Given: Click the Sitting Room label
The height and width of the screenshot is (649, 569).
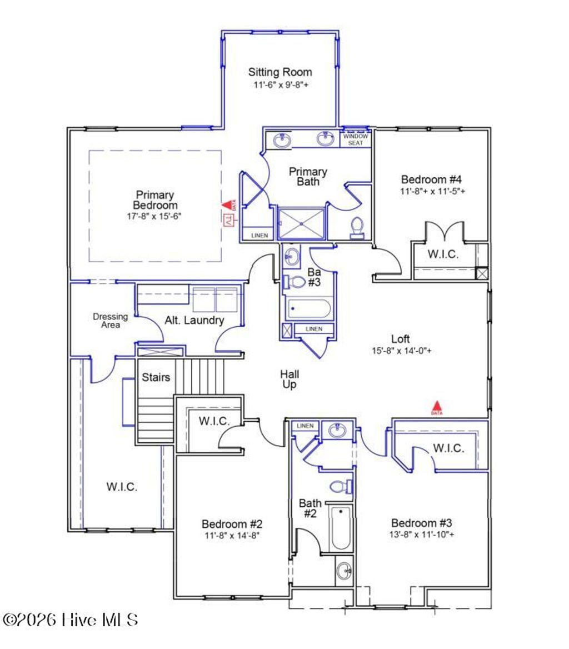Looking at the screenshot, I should [x=279, y=72].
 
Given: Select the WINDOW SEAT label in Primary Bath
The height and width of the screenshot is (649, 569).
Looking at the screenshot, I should [x=355, y=139].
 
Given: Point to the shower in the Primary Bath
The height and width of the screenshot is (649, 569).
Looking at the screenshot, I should [x=301, y=224].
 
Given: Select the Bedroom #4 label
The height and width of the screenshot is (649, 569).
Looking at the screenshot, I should [x=432, y=179].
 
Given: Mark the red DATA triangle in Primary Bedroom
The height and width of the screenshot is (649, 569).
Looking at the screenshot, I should [x=227, y=206].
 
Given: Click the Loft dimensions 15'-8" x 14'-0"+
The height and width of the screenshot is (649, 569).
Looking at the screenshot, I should [x=402, y=351].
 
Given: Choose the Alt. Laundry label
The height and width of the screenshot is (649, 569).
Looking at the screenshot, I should [x=194, y=320].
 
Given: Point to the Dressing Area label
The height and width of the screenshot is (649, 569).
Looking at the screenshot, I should [x=110, y=321].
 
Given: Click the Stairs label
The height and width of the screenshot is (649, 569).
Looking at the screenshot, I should [x=156, y=378].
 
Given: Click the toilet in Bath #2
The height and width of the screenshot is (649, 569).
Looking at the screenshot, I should [x=340, y=487].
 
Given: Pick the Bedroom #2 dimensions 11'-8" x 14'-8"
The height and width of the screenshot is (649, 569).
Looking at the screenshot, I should [x=231, y=536].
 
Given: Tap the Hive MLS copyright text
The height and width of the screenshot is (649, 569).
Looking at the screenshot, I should [x=71, y=620].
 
